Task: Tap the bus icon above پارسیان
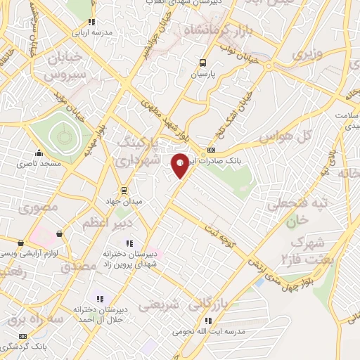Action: coord(203,62)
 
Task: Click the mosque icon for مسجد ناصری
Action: coord(39,153)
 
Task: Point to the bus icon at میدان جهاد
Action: coord(124,190)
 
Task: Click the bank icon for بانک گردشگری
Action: coord(23,337)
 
